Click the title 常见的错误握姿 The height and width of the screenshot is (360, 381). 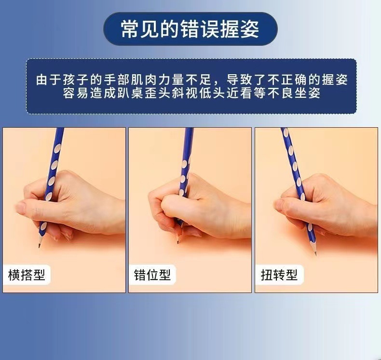190,29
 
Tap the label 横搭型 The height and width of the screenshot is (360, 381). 27,275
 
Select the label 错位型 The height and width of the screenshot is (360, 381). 152,275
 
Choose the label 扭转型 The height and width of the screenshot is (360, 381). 279,275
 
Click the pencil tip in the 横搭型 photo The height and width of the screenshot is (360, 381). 39,246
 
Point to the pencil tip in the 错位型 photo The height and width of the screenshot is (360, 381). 178,241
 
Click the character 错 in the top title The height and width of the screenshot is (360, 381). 190,29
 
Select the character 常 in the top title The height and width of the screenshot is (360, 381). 131,29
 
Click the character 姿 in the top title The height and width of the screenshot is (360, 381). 250,29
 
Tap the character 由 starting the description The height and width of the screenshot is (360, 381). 42,80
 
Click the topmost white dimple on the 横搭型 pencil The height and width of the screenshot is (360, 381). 57,148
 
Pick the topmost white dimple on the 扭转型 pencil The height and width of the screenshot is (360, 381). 286,133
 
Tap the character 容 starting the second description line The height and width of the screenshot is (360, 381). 69,93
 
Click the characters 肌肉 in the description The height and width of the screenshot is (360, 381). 144,80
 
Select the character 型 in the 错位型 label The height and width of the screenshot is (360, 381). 165,275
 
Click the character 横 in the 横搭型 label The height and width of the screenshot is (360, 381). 14,275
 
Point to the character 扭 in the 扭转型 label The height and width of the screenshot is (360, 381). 267,275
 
